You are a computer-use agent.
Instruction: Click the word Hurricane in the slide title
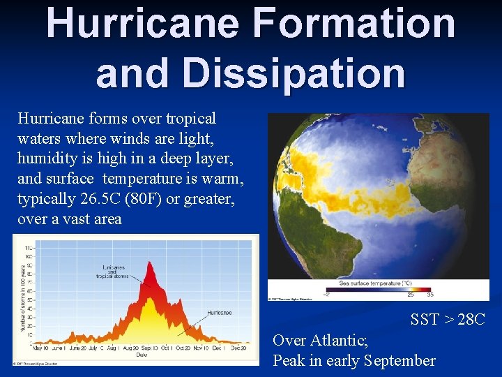[143, 22]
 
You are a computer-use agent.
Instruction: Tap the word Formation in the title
[355, 22]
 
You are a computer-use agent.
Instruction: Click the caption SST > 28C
[448, 320]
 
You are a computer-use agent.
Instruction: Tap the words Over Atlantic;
[320, 340]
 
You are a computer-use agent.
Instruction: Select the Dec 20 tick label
[238, 348]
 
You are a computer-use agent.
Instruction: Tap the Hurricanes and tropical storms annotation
[114, 271]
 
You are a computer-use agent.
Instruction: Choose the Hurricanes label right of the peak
[219, 313]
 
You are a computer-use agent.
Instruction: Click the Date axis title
[142, 355]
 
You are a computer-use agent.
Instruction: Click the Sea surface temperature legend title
[375, 283]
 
